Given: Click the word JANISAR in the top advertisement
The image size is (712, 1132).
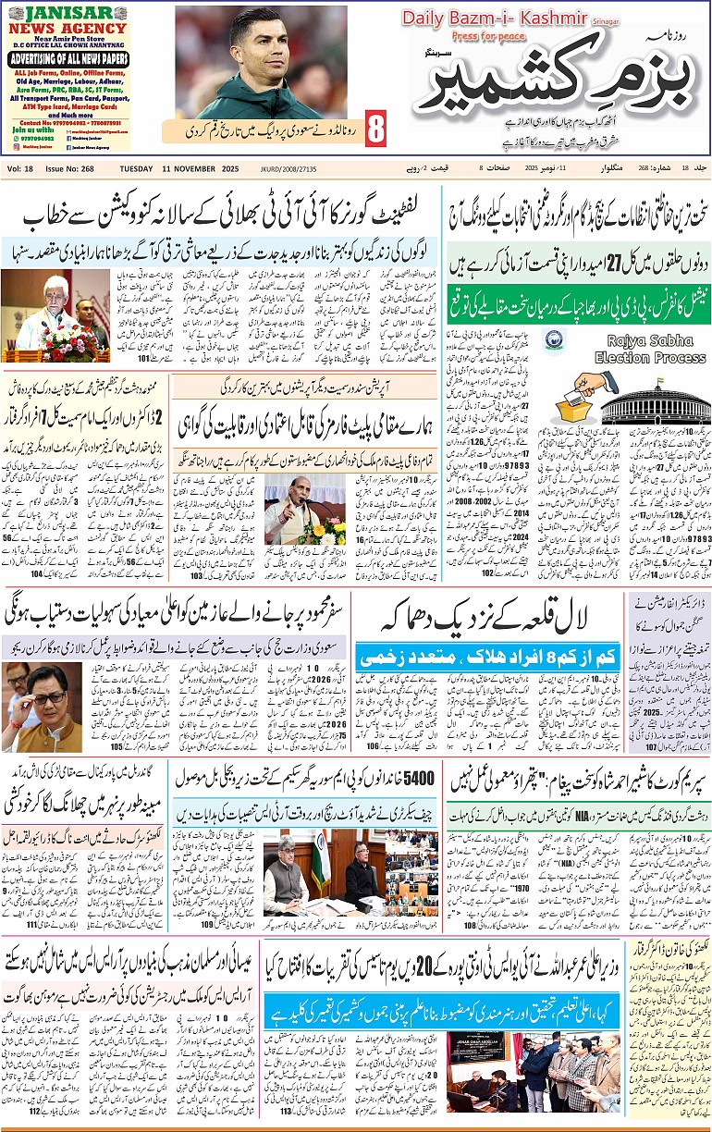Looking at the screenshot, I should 69,13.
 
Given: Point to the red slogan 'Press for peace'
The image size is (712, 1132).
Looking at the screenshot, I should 488,36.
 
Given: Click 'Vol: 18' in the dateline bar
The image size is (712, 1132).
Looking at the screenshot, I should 20,168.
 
